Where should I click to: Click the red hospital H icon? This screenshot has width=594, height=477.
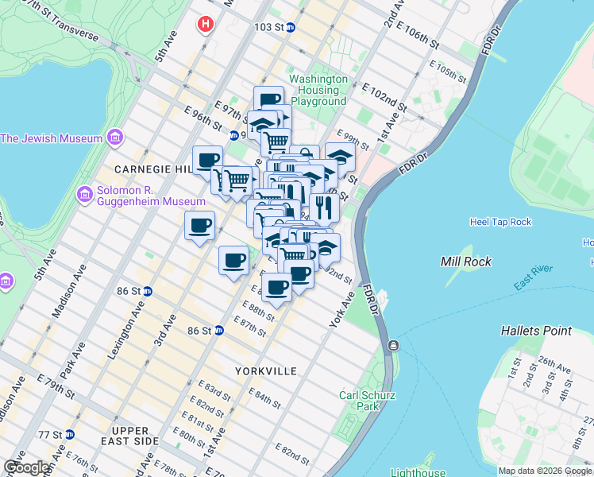click(x=206, y=25)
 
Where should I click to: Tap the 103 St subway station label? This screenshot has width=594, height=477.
click(x=269, y=27)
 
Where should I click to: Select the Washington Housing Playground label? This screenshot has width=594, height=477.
click(x=318, y=91)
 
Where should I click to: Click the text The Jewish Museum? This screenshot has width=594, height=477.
click(x=52, y=138)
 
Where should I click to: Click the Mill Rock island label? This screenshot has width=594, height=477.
click(x=466, y=262)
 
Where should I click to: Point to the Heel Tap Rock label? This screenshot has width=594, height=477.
click(x=500, y=222)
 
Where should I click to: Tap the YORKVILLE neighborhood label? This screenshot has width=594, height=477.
click(x=266, y=371)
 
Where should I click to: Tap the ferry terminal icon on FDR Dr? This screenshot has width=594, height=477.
click(x=392, y=347)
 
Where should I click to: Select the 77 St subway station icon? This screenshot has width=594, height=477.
click(x=69, y=435)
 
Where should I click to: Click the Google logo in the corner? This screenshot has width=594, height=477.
click(x=27, y=467)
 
